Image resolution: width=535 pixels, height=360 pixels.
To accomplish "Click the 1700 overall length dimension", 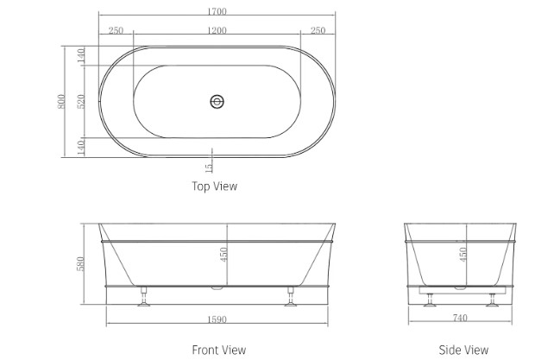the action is pos(217,11).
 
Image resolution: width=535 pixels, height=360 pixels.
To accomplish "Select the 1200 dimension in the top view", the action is pos(217,30).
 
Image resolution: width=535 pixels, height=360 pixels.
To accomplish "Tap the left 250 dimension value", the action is pos(116,30).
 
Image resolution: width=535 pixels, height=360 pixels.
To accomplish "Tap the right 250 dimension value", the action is pos(318,30).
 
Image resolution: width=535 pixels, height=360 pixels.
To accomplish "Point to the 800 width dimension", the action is pos(61,102).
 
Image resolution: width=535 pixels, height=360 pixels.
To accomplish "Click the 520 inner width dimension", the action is pos(81,102).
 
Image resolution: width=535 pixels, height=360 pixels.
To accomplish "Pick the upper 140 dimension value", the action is pos(81,55).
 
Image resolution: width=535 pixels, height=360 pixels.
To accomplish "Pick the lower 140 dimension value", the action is pos(81,148).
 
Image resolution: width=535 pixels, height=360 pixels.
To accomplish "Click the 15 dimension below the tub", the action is pos(209,167).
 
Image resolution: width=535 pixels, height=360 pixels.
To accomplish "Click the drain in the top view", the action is pos(217,102).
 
